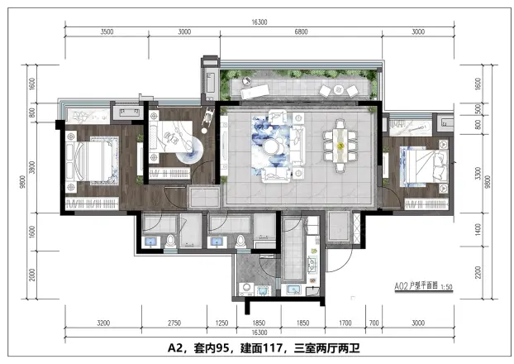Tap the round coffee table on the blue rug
tap(272, 146)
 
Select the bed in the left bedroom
tap(90, 158)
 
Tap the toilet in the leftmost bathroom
tap(171, 240)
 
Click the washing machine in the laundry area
tap(246, 288)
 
